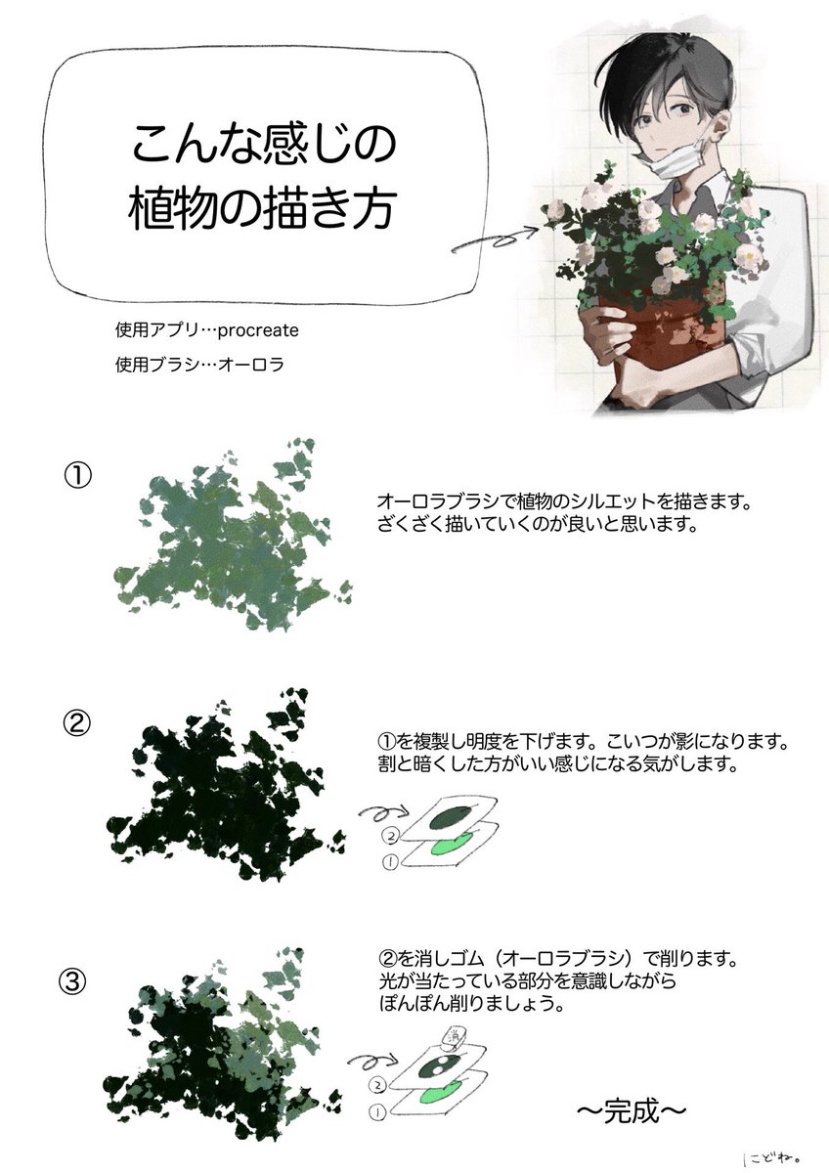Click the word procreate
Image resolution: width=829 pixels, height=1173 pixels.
(x=258, y=331)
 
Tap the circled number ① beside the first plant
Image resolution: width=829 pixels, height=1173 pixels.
(x=78, y=476)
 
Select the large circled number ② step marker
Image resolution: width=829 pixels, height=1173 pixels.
(x=77, y=722)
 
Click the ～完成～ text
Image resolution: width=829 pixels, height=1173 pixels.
(x=632, y=1109)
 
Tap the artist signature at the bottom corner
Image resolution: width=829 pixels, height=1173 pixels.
(x=771, y=1157)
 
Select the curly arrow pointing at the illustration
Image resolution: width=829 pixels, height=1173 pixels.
(x=495, y=239)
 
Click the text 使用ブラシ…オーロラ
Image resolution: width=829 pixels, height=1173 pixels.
(x=199, y=365)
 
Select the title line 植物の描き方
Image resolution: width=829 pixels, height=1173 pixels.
(x=260, y=210)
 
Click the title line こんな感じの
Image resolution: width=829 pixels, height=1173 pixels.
(x=263, y=144)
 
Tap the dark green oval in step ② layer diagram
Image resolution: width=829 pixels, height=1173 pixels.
(x=454, y=815)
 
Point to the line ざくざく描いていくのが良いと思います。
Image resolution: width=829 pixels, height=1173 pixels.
(x=537, y=524)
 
